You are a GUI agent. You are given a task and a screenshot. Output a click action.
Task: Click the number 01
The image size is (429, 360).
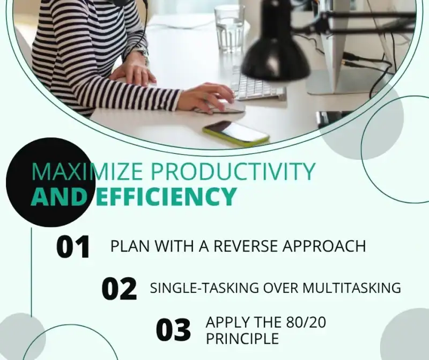pos(73,247)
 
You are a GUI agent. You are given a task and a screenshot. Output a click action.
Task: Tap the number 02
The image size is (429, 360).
pos(119,289)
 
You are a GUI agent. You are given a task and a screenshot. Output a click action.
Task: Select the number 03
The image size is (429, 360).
pos(173,330)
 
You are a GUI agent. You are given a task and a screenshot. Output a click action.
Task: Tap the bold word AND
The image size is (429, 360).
pos(58,197)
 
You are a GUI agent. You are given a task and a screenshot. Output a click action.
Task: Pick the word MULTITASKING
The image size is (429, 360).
pos(351,288)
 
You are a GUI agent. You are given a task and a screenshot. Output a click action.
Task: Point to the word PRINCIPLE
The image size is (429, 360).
pos(242,339)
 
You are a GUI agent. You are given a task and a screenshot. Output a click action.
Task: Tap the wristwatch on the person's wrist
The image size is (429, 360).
pos(142,54)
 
